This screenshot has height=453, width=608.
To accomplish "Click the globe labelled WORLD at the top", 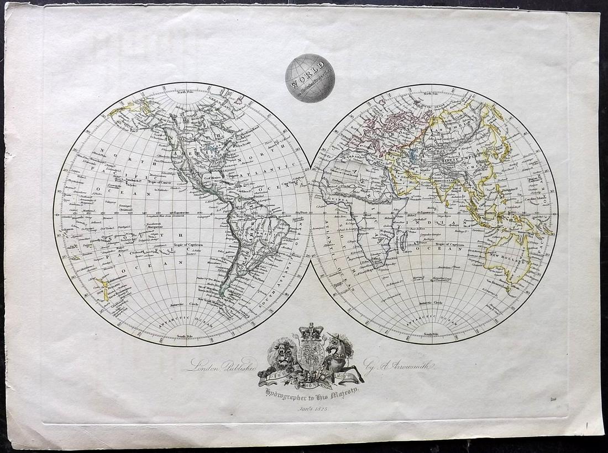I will [310, 78].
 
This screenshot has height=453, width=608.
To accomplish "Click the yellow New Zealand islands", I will [102, 289].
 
